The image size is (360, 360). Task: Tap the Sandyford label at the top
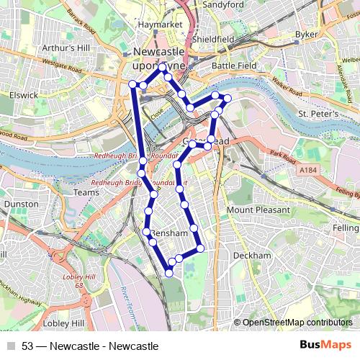223,4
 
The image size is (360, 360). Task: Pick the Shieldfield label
214,40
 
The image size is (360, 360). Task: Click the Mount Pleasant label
259,210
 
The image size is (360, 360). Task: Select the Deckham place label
253,256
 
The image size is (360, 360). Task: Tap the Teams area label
86,192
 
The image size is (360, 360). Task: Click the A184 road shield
308,170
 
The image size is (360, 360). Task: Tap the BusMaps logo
325,346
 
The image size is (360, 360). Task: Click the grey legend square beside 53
11,346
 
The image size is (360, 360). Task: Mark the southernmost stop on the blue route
169,272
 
